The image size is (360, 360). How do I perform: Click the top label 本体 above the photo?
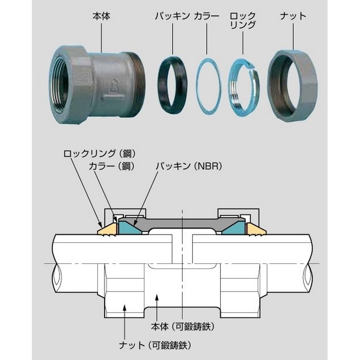pos(101,16)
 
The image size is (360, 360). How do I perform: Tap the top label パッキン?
pos(172,16)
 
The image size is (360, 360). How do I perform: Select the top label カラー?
pos(206,16)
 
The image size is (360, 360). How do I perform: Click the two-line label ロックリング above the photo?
pos(243,21)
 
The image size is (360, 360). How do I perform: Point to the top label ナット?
pos(293,16)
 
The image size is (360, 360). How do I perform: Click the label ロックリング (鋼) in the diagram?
pos(99,154)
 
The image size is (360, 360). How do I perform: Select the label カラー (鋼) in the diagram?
pos(112,166)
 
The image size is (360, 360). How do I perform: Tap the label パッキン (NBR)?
pos(189,166)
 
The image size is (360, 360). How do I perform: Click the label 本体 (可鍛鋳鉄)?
pos(183,327)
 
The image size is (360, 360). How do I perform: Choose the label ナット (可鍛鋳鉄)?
pos(155,345)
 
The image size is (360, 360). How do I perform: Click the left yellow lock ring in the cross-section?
pos(107,229)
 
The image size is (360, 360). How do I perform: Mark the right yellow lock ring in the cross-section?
pos(256,229)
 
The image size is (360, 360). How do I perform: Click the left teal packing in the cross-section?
pos(128,227)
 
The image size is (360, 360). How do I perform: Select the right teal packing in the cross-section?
pos(236,227)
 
